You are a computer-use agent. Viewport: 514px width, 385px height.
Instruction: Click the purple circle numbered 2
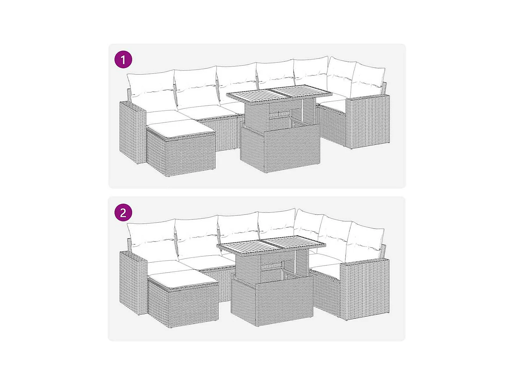123,212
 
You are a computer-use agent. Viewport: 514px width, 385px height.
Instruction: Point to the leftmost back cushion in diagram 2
151,242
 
